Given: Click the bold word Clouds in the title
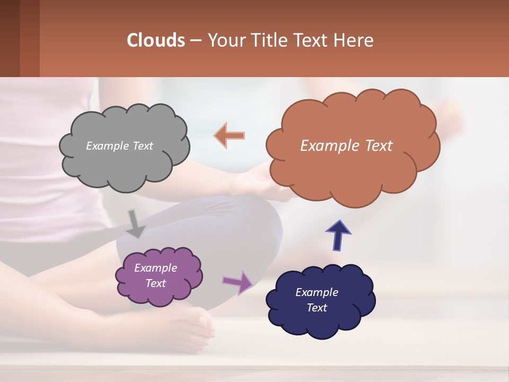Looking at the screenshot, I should (x=156, y=40).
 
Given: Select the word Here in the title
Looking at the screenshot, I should (x=355, y=40).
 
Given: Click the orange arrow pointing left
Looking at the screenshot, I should (x=230, y=135).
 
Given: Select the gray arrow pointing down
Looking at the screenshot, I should (x=135, y=223).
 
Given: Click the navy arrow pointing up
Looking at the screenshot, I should (x=338, y=235).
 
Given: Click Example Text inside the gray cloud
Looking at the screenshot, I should (x=119, y=146).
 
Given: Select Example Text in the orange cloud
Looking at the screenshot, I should (x=346, y=146).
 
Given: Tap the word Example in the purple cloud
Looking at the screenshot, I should (x=155, y=268).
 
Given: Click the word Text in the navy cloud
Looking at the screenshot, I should (x=317, y=308).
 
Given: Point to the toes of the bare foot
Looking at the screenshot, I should (x=204, y=324).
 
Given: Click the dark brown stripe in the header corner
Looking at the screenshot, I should (x=10, y=38).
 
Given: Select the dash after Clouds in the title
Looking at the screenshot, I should (x=195, y=41).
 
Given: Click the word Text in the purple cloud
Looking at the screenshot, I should (x=155, y=283).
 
